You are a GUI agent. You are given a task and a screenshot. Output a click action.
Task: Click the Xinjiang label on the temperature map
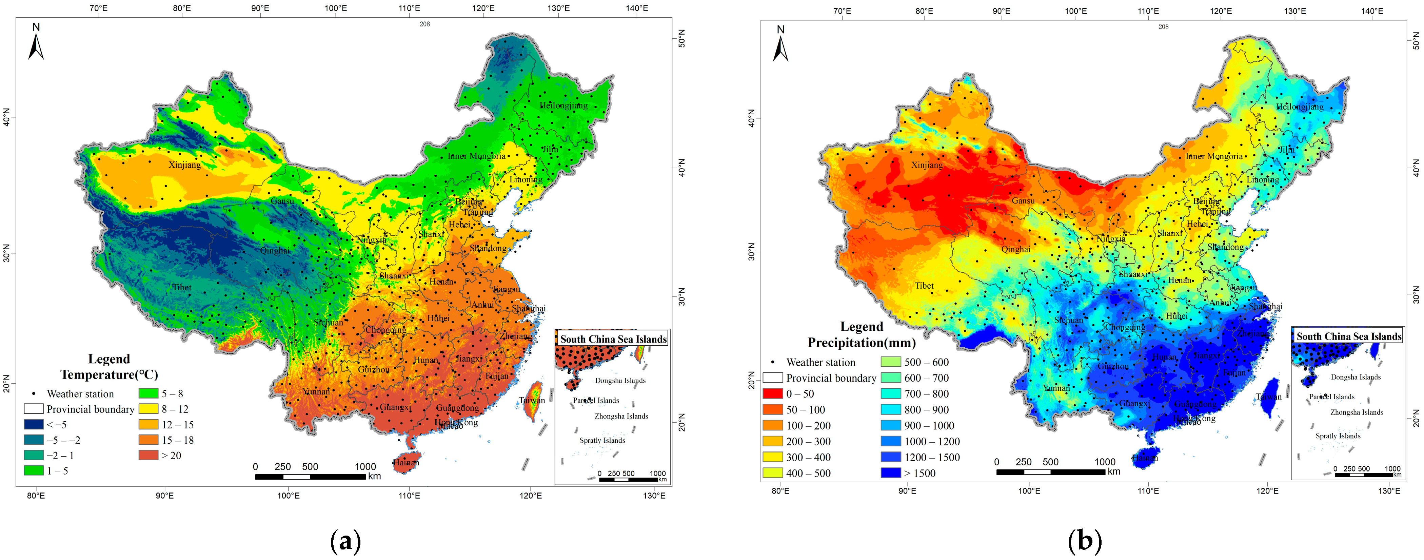coord(185,165)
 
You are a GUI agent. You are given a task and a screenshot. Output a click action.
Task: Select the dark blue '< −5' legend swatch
coord(33,425)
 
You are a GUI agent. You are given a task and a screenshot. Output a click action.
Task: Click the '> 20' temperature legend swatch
coord(148,456)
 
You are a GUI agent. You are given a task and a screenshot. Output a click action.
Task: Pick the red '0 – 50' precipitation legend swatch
coord(772,393)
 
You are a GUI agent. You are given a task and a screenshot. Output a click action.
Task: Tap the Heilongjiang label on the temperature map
coord(563,105)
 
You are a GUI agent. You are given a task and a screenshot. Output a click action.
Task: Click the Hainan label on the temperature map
coord(406,463)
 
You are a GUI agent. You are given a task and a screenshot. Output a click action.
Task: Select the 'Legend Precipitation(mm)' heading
coord(861,334)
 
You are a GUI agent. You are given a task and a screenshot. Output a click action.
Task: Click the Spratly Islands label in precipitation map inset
coord(1338,436)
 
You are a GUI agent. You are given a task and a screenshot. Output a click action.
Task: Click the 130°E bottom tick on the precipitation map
coord(1389,491)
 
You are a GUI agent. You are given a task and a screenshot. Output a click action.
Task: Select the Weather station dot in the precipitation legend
coord(772,363)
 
